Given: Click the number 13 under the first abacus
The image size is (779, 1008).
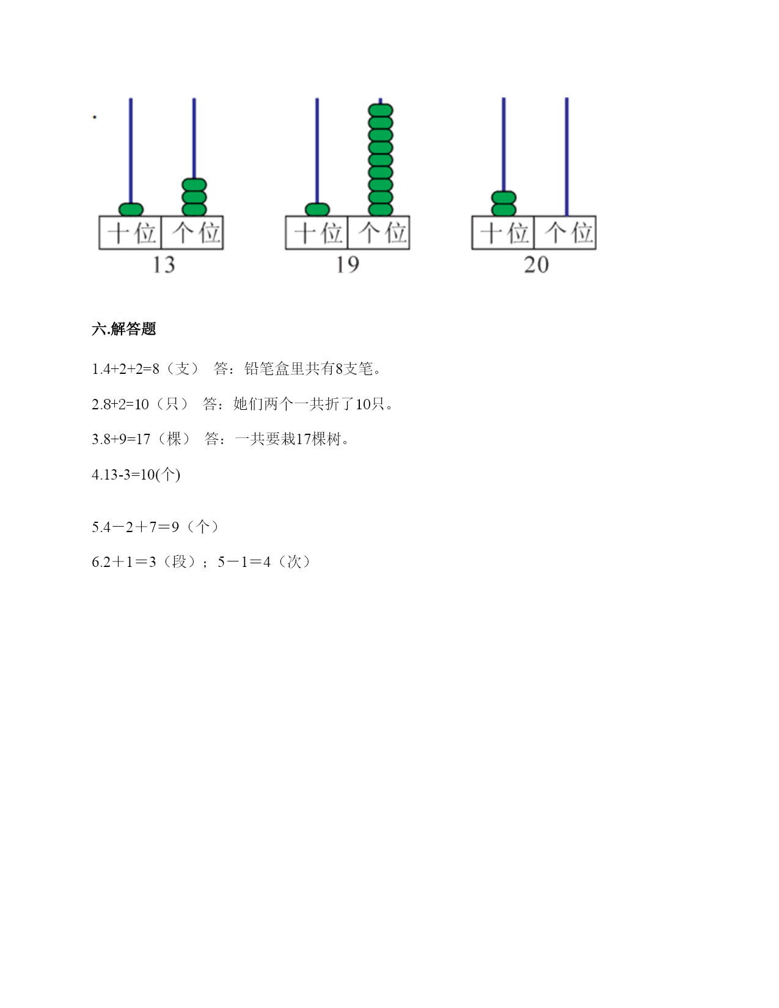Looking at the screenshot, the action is [x=164, y=265].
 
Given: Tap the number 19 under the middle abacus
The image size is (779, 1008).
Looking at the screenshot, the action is [x=348, y=265].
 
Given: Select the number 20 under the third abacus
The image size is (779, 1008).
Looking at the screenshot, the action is [x=536, y=265].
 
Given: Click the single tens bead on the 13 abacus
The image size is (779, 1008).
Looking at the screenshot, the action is [x=131, y=210].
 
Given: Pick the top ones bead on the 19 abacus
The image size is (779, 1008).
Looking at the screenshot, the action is [x=381, y=111].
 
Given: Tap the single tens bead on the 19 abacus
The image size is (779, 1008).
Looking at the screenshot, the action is [x=317, y=210].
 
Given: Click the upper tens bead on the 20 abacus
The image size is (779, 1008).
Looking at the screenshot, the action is [x=504, y=197].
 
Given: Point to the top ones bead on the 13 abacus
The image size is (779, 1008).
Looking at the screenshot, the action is [x=194, y=185].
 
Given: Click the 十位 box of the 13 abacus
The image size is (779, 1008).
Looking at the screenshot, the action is [x=130, y=232].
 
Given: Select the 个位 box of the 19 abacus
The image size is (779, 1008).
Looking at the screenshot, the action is [x=379, y=232].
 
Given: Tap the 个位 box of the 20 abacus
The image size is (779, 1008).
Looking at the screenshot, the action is [x=565, y=232].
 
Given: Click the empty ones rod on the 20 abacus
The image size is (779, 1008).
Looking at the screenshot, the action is [x=567, y=157].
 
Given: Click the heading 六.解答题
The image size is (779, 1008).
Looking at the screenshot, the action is [x=124, y=329].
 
